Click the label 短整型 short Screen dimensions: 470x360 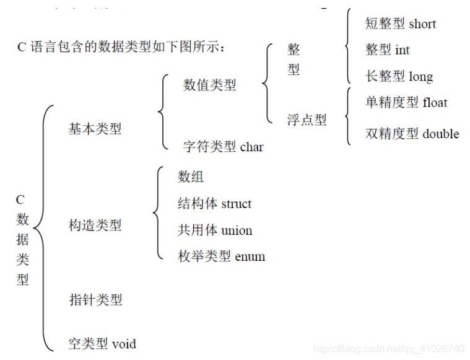pyautogui.click(x=400, y=24)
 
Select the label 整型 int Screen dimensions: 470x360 pyautogui.click(x=387, y=50)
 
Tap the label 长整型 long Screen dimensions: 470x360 pyautogui.click(x=399, y=77)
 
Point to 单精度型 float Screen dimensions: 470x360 pyautogui.click(x=406, y=103)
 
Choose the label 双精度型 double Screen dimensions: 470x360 pyautogui.click(x=412, y=134)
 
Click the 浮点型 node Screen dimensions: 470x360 pyautogui.click(x=307, y=120)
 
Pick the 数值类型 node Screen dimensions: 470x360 pyautogui.click(x=210, y=86)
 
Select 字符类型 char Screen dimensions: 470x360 pyautogui.click(x=223, y=147)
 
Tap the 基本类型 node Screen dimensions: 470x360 pyautogui.click(x=95, y=129)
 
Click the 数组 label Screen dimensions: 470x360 pyautogui.click(x=191, y=177)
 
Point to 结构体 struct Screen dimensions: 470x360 pyautogui.click(x=214, y=204)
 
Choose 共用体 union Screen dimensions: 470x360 pyautogui.click(x=215, y=230)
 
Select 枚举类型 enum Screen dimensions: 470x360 pyautogui.click(x=221, y=257)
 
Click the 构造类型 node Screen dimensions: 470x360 pyautogui.click(x=95, y=226)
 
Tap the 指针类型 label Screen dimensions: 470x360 pyautogui.click(x=95, y=300)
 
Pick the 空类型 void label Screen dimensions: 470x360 pyautogui.click(x=102, y=344)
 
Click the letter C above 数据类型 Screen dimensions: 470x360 pyautogui.click(x=20, y=200)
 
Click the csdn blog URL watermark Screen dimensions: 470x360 pyautogui.click(x=389, y=349)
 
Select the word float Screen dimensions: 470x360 pyautogui.click(x=435, y=103)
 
